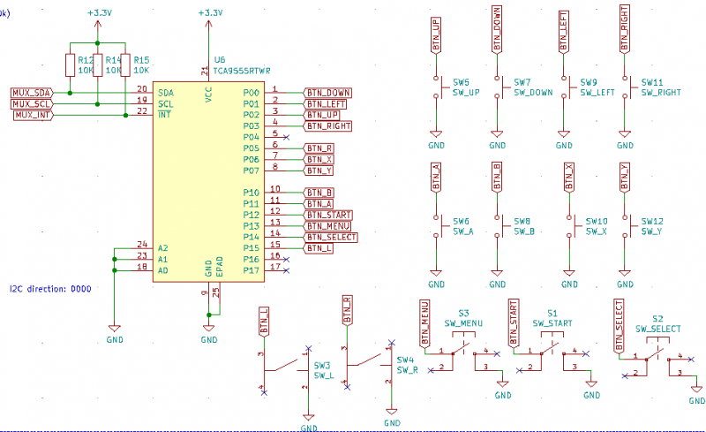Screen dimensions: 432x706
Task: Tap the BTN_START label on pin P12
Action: [327, 215]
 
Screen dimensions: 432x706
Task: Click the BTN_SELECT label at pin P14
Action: [330, 237]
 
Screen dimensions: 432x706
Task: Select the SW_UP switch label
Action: [465, 92]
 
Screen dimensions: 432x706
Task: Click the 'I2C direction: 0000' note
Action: [49, 289]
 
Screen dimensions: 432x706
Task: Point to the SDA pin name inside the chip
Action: [165, 93]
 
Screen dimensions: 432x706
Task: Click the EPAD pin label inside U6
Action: [220, 268]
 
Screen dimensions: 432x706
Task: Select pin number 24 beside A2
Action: [142, 244]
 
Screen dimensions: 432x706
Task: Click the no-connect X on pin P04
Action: [287, 138]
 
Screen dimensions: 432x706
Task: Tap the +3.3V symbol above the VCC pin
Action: [208, 13]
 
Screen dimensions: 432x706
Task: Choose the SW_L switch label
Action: [323, 375]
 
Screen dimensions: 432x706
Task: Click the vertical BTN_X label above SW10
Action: [569, 179]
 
